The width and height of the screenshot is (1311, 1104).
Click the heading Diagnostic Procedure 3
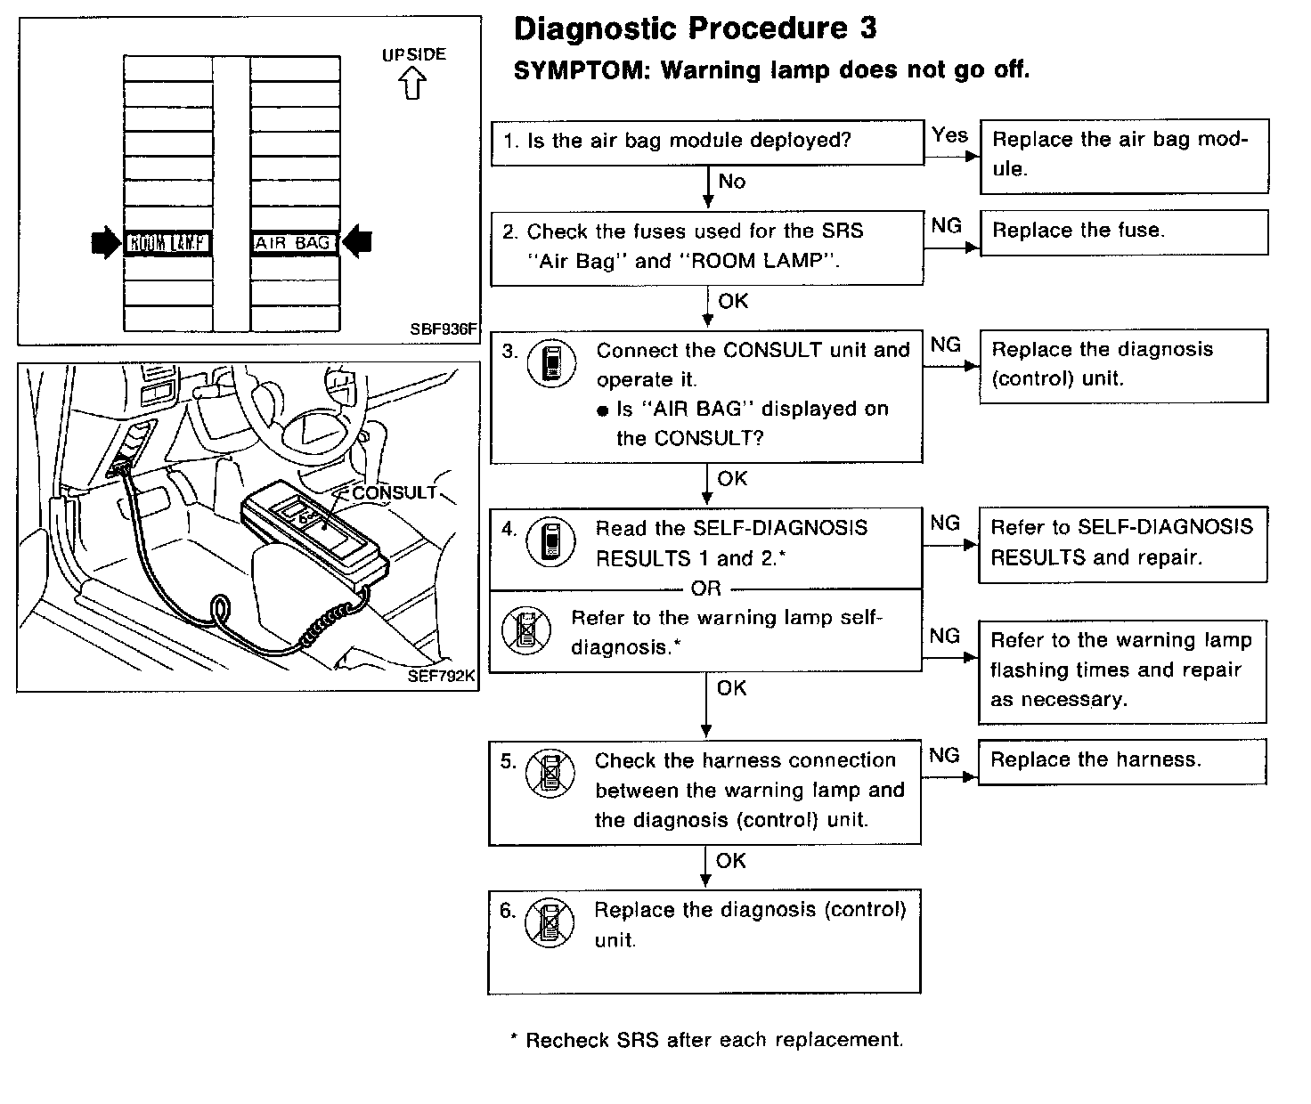[x=695, y=28]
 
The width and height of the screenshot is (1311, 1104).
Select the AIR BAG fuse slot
[x=294, y=242]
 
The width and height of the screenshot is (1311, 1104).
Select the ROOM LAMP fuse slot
[x=168, y=242]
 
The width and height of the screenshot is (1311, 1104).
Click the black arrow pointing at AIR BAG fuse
[x=357, y=241]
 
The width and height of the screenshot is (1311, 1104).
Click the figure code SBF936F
[x=443, y=329]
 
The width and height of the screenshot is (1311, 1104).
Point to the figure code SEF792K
[x=441, y=676]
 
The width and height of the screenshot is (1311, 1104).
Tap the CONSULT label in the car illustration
[x=394, y=492]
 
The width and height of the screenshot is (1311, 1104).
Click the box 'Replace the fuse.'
[x=1123, y=231]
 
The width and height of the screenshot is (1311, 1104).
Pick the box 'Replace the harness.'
[x=1121, y=760]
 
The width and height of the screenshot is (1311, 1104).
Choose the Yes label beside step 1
[x=949, y=135]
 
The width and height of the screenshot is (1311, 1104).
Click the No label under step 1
[x=731, y=182]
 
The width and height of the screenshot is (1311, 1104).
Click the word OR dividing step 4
[x=705, y=589]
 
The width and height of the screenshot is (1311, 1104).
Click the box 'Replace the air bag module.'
[x=1124, y=155]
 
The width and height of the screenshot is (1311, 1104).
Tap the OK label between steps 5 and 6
[x=730, y=861]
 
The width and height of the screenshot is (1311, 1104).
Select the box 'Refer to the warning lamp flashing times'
[x=1122, y=670]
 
